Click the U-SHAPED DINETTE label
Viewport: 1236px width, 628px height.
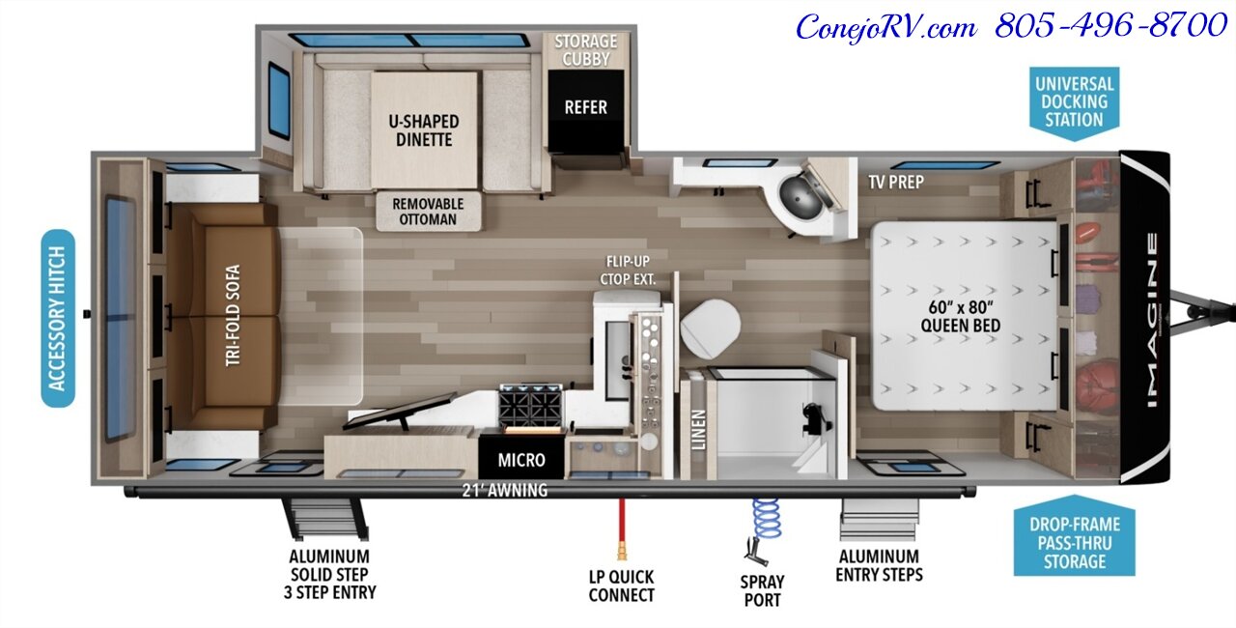click(x=424, y=130)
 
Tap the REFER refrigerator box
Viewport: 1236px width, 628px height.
click(x=585, y=106)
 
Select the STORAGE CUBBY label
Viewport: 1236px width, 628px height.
click(x=585, y=49)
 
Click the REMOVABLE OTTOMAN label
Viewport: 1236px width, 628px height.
click(x=428, y=212)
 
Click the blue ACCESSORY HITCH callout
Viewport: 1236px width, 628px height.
click(x=58, y=318)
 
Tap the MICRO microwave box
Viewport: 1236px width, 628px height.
click(x=521, y=460)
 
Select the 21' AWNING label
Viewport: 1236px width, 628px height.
click(x=504, y=490)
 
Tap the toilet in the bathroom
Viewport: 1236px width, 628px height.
click(x=710, y=326)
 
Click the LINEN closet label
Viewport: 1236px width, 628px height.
click(x=698, y=430)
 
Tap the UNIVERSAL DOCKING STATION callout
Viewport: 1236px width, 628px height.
click(x=1074, y=101)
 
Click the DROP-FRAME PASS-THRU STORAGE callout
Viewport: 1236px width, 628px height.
click(x=1074, y=542)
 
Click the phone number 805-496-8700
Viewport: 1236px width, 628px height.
click(x=1110, y=26)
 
